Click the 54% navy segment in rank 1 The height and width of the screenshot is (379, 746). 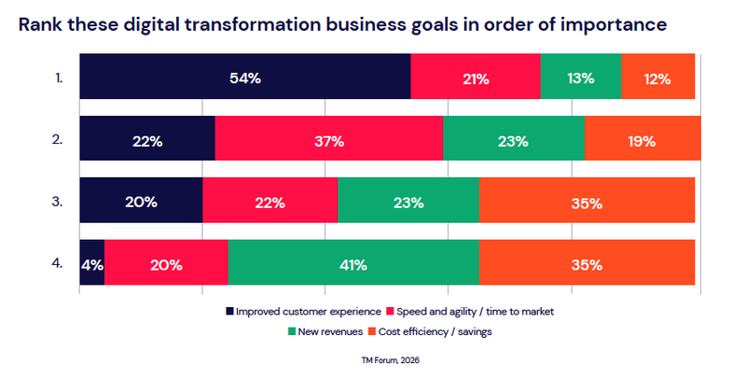244,79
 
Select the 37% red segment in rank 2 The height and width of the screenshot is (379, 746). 329,142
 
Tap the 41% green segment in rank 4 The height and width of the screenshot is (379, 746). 353,264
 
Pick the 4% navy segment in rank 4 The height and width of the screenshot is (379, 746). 91,264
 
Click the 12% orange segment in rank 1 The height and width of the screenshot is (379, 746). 657,79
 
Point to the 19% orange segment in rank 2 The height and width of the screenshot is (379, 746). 642,142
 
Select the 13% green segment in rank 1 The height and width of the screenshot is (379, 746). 580,79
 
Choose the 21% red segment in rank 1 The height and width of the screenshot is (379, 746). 475,79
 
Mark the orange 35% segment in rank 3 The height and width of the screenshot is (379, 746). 587,203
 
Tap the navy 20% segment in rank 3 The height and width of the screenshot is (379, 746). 141,203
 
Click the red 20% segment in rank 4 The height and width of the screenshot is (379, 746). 166,264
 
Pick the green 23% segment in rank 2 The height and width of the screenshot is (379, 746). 514,142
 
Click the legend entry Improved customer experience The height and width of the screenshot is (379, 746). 303,311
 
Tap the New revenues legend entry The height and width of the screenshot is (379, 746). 326,331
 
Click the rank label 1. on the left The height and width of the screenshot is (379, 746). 58,79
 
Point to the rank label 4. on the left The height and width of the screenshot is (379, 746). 58,264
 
